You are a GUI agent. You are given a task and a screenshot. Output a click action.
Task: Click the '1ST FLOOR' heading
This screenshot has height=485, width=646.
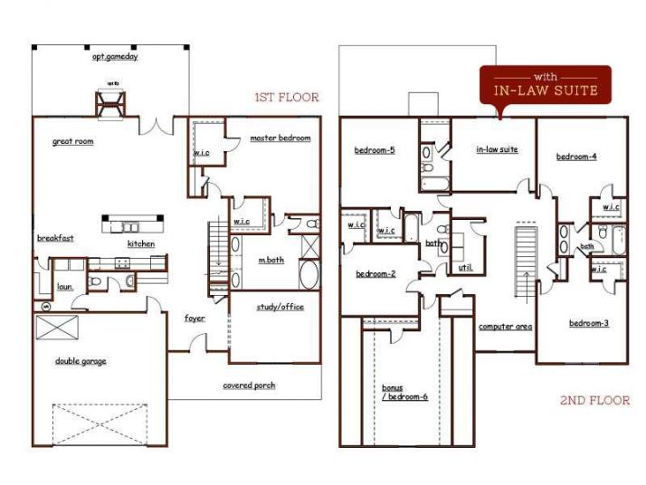[x=285, y=97]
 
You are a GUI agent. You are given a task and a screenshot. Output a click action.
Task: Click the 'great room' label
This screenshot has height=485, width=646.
[x=72, y=141]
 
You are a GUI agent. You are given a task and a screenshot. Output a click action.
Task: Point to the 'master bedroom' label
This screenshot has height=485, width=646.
[x=280, y=138]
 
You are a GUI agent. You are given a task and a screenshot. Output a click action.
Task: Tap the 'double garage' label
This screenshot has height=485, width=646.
[x=80, y=361]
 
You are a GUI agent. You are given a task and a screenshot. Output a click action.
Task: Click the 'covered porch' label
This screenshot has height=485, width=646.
[x=249, y=385]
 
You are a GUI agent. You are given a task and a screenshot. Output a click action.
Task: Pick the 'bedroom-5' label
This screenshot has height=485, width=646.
[x=374, y=150]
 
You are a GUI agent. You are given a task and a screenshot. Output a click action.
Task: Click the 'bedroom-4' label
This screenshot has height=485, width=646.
[x=575, y=157]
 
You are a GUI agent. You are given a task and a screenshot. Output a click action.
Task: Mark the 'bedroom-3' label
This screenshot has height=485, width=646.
[x=588, y=324]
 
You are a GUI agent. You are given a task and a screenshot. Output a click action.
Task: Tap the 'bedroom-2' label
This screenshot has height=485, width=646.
[x=375, y=274]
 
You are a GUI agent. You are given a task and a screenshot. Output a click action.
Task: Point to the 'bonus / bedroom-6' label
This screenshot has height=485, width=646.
[x=399, y=393]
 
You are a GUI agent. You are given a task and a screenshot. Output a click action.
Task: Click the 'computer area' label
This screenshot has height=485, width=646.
[x=504, y=326]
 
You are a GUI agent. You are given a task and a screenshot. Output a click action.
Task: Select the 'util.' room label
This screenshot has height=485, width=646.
[x=466, y=268]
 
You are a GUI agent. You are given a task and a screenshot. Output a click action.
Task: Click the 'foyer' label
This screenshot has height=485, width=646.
[x=195, y=319]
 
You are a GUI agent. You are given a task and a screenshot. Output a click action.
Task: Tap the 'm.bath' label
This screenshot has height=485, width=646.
[x=270, y=261]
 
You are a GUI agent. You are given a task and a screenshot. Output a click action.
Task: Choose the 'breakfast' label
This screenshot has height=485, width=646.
[x=55, y=238]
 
